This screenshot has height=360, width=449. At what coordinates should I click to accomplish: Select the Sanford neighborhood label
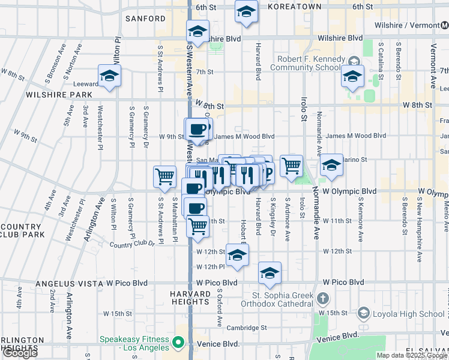point(145,19)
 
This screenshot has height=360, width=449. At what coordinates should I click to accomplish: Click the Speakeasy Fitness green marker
point(178,343)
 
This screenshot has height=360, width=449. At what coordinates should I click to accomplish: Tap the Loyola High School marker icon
point(363,313)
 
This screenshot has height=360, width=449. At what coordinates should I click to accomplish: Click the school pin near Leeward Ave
point(110,76)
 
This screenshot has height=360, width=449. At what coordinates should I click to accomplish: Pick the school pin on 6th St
point(246,12)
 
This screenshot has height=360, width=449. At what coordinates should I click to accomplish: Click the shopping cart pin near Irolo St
point(291,165)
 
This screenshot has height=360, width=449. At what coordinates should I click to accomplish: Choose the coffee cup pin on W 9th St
point(197,129)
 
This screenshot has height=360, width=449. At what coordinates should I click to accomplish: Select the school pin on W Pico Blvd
point(270,272)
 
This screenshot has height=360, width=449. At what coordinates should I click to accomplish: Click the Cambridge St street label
point(247,328)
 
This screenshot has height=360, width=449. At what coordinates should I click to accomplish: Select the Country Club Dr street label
point(132,244)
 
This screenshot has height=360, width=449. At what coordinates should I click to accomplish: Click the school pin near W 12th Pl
point(238,255)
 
